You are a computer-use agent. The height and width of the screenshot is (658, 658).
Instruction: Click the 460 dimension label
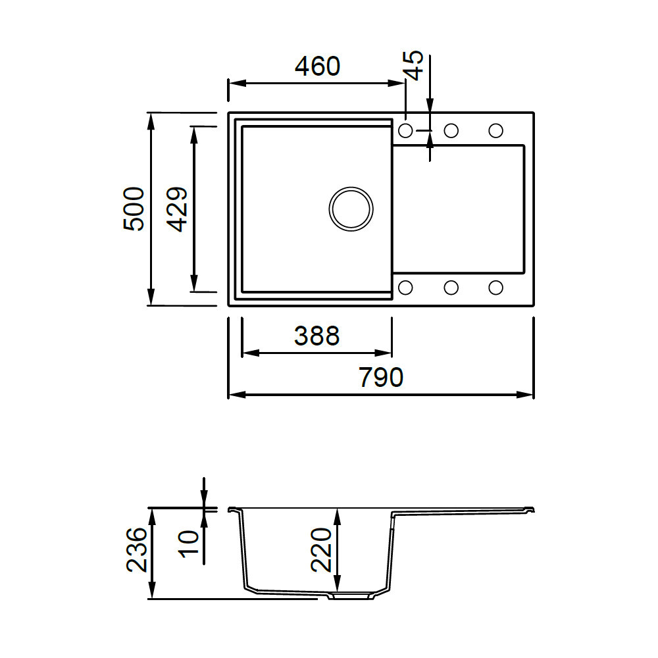tap(317, 66)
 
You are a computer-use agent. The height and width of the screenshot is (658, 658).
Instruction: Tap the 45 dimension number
tap(415, 65)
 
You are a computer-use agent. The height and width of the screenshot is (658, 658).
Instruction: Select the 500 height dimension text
tap(134, 209)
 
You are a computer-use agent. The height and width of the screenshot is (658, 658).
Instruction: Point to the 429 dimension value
tap(176, 209)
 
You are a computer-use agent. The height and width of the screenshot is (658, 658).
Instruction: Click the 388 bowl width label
tap(317, 336)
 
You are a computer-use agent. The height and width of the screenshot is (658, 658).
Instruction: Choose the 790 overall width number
tap(380, 377)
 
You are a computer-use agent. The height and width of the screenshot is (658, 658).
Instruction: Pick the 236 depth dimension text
tap(137, 549)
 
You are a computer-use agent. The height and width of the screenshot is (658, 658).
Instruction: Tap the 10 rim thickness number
tap(189, 544)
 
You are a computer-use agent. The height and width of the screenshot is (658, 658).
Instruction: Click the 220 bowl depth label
tap(322, 549)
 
